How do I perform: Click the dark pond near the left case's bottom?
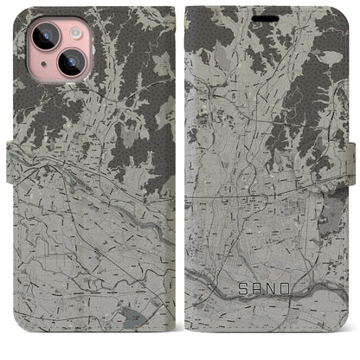pyautogui.click(x=131, y=318)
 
